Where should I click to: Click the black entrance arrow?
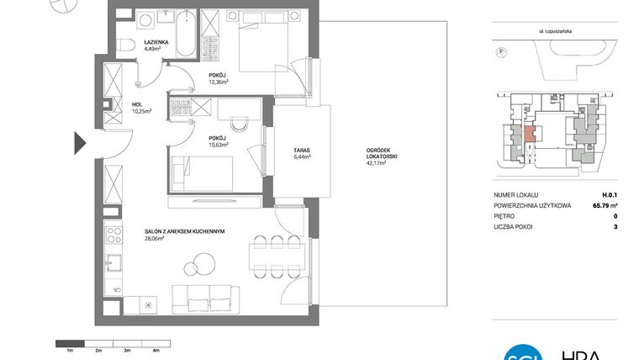(x=79, y=143)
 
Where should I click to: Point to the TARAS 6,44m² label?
(x=301, y=152)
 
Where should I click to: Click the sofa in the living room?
(x=202, y=297)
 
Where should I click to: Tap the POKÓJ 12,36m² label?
(x=219, y=77)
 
